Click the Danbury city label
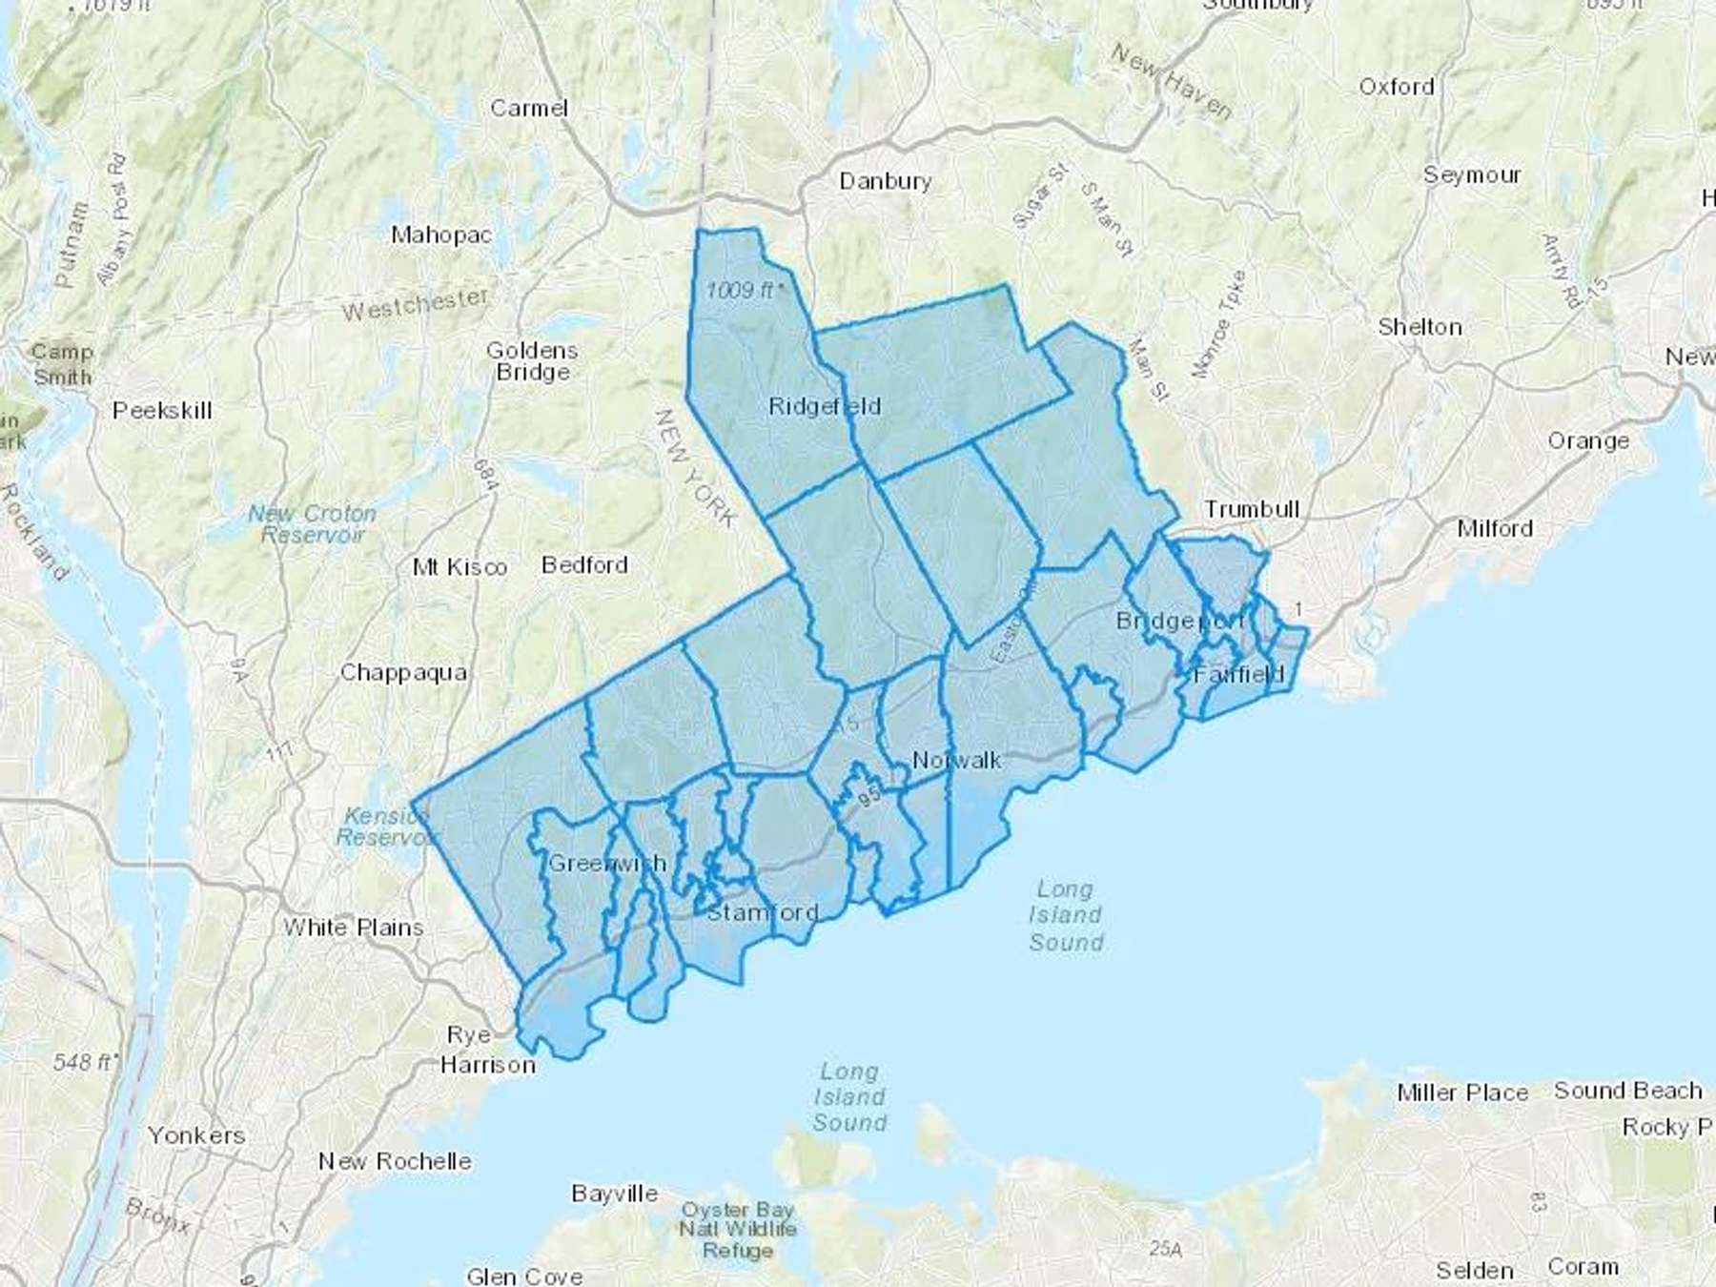885,181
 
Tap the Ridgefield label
825,407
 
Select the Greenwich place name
607,864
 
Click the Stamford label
763,912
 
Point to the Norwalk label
956,760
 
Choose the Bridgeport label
1180,622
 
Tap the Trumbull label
1252,509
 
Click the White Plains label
354,927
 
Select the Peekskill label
162,411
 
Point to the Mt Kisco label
460,567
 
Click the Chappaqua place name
403,673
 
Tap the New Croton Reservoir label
313,524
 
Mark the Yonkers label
196,1135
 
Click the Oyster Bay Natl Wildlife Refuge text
737,1230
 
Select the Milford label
1495,528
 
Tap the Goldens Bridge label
532,361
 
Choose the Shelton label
1420,327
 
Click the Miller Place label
1462,1093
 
